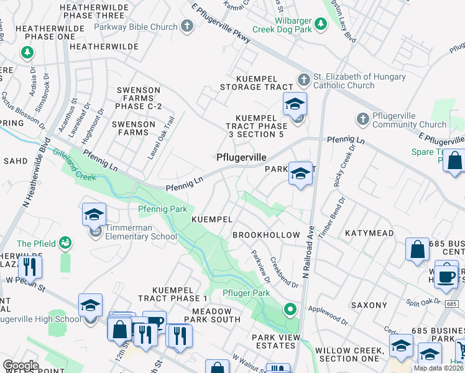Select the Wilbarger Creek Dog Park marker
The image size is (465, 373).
[x=320, y=24]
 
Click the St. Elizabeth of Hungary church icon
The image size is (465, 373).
[x=303, y=80]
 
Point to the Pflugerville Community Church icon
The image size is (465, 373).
[x=363, y=118]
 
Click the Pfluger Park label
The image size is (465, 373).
[x=246, y=293]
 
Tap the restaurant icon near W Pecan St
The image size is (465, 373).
[x=29, y=267]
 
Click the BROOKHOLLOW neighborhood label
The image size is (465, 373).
[x=265, y=236]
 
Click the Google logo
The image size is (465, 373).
[x=21, y=365]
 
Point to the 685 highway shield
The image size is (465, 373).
[x=451, y=302]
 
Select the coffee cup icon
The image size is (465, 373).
[x=446, y=277]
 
